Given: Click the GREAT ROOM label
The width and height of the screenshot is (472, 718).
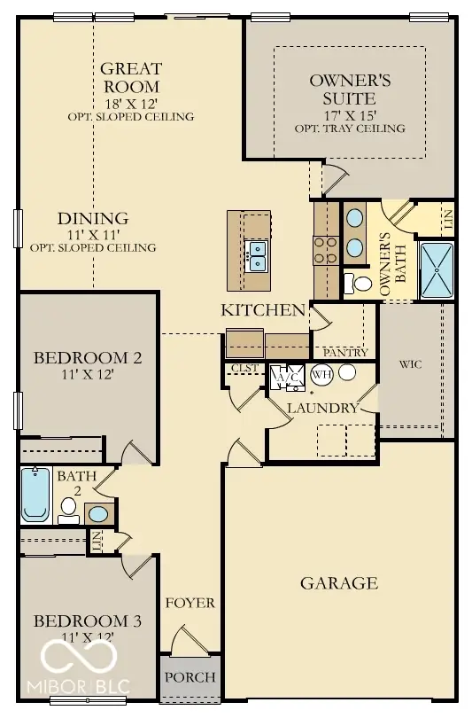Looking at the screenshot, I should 129,77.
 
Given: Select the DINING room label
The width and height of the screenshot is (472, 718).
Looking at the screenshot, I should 93,218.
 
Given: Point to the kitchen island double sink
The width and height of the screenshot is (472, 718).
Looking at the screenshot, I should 258,255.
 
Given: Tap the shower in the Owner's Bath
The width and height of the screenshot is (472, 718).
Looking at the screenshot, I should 435,269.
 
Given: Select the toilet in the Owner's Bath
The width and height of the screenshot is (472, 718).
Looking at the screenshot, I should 360,284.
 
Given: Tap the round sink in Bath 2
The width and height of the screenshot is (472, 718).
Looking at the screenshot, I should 99,514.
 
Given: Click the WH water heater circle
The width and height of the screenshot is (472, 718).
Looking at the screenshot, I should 320,374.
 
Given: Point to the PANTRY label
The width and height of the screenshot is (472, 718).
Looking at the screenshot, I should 345,352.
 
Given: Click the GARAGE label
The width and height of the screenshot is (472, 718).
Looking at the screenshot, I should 339,582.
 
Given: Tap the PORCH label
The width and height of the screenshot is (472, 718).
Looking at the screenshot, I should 190,677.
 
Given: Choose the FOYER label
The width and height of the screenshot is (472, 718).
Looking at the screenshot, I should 190,603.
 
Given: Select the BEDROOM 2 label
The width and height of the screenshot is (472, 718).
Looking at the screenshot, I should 87,358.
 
